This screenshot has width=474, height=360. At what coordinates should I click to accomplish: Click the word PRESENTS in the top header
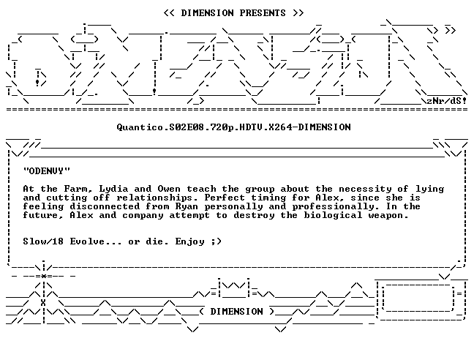[263, 13]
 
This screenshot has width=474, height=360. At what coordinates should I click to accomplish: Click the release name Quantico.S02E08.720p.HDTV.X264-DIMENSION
[233, 127]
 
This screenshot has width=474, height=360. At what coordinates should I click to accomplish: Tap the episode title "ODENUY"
[47, 170]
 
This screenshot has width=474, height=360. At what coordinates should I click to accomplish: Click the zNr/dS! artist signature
[447, 101]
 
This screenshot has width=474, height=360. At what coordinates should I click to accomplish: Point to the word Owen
[169, 189]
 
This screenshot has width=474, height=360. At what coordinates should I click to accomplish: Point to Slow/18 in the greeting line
[43, 241]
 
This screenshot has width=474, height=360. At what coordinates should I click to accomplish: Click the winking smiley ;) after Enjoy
[217, 241]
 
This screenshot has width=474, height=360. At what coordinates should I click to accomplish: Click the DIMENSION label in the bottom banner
[237, 311]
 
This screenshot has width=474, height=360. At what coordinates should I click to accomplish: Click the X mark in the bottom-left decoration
[43, 303]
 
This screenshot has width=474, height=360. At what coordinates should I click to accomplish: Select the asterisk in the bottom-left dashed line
[44, 276]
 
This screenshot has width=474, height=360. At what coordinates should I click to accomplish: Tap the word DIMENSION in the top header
[208, 13]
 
